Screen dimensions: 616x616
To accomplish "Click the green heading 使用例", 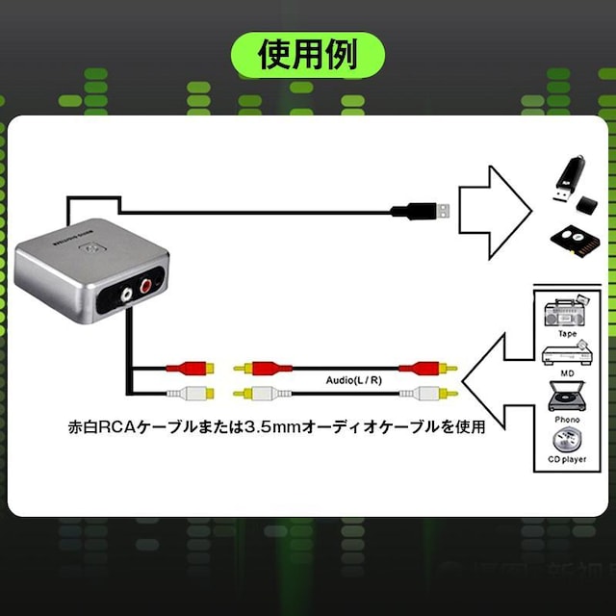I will click(x=307, y=54).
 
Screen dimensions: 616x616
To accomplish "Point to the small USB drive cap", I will click(x=587, y=205).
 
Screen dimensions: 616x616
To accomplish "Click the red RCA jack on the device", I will click(x=147, y=286).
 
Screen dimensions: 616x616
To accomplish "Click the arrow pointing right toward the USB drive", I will click(x=493, y=210).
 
